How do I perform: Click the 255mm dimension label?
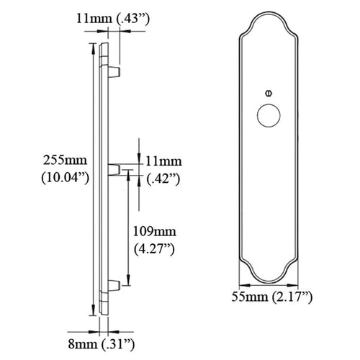[65, 160]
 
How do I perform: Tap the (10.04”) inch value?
[66, 178]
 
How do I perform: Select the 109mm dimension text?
[155, 232]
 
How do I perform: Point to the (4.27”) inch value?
[154, 249]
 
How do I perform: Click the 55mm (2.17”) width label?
[272, 297]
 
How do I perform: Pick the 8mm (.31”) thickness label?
[102, 344]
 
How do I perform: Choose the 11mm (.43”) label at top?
[113, 19]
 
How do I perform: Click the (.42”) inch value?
[163, 179]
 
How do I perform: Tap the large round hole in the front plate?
[269, 115]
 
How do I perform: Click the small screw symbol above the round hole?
[269, 93]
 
